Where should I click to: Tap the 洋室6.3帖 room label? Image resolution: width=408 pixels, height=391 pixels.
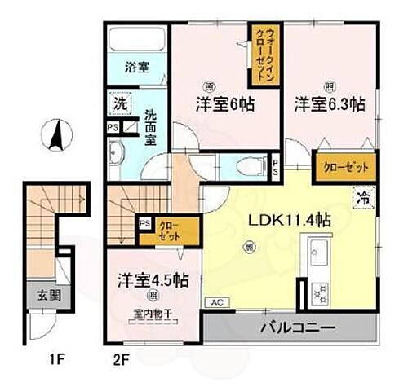pos(330,105)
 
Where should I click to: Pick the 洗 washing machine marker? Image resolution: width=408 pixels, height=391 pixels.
pos(120,104)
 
